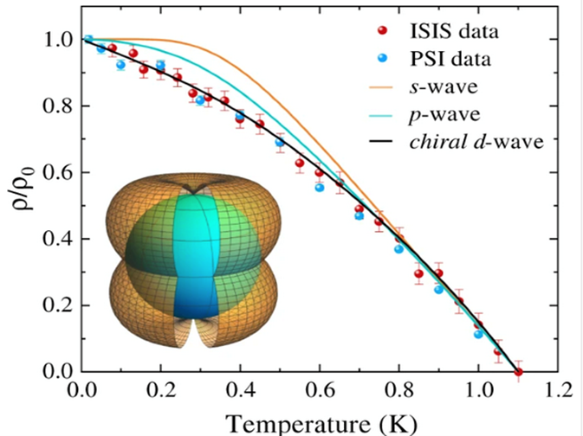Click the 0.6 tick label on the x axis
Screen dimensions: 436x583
click(x=320, y=391)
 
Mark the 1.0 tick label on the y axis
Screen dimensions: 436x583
click(x=58, y=40)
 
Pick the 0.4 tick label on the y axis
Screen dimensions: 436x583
click(x=58, y=239)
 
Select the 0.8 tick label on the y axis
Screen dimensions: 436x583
click(x=58, y=106)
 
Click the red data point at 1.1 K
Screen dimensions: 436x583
click(x=518, y=372)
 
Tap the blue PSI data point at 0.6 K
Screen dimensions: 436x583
click(x=320, y=187)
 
